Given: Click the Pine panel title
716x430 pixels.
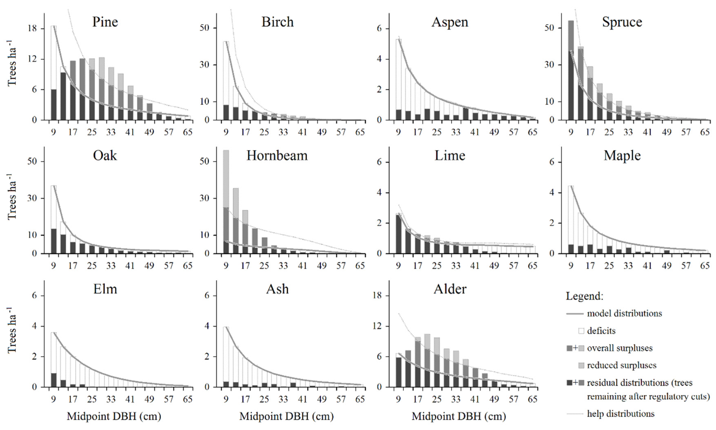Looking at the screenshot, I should pos(105,22).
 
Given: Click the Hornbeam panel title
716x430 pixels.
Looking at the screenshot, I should pos(277,156).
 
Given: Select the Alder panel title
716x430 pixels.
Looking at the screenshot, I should pos(450,289).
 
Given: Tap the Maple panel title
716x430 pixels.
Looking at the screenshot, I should pos(622,156).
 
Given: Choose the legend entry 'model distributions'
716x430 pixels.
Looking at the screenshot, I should pos(624,313).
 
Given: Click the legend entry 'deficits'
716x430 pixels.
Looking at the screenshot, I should pos(601,331).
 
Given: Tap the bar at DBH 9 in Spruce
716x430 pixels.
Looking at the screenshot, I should pos(571,70).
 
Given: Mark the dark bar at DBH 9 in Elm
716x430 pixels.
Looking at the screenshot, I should pos(54,380).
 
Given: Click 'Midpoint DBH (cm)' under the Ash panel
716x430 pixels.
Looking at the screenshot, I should pos(286,416).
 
